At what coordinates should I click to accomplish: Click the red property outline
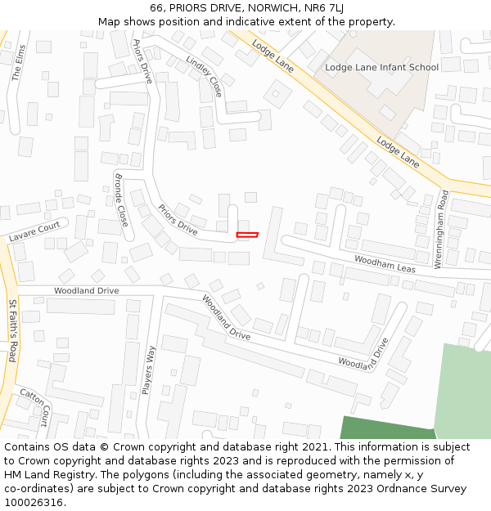pos(247,235)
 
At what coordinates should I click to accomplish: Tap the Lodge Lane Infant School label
pos(381,67)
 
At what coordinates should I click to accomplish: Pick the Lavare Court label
pos(34,231)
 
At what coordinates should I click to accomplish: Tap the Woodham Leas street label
pos(385,263)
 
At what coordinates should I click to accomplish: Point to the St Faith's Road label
pos(13,330)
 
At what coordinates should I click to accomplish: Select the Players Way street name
pos(150,370)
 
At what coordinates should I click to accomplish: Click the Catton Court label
pos(35,402)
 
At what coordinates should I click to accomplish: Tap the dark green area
pos(385,428)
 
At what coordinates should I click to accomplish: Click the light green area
pos(463,392)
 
